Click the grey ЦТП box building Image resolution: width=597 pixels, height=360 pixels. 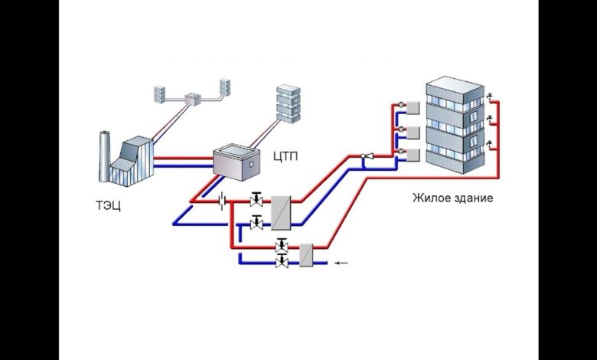[x=237, y=160]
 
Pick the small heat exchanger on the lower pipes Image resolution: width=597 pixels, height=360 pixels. [x=306, y=254]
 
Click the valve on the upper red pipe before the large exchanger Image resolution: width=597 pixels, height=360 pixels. [x=256, y=200]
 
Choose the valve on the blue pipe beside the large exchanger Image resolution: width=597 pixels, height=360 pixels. [x=256, y=223]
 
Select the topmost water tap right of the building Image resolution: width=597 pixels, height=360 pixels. [x=488, y=97]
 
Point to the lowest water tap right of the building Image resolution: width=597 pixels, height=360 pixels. [x=488, y=145]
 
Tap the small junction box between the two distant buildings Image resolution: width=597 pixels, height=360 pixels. [x=188, y=98]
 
